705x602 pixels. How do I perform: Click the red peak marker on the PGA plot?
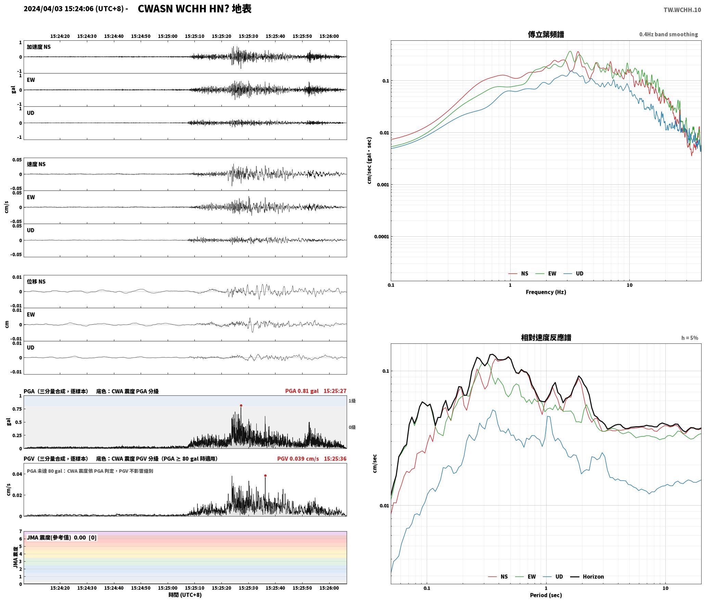coord(241,405)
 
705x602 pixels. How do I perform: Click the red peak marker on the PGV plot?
coord(265,475)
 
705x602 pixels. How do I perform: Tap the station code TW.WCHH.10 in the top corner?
coord(682,10)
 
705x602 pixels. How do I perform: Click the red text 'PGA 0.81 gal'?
coord(302,391)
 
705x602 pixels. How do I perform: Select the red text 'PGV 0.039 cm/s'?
coord(298,458)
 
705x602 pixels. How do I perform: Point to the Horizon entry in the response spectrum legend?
coord(587,576)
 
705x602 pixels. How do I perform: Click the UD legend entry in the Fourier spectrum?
coord(574,273)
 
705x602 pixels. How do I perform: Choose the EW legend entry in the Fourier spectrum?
coord(546,273)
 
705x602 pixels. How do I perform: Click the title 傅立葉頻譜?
coord(546,34)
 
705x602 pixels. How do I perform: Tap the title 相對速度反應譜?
coord(546,337)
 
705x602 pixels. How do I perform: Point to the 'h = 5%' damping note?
coord(690,338)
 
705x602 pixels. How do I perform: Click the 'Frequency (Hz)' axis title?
coord(546,292)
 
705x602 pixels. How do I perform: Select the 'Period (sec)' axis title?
coord(546,595)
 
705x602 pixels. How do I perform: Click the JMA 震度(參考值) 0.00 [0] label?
coord(62,537)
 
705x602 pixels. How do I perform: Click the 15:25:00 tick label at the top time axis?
coord(168,36)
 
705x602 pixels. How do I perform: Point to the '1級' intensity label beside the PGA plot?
coord(352,401)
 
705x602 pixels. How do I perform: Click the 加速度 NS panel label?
coord(39,47)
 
